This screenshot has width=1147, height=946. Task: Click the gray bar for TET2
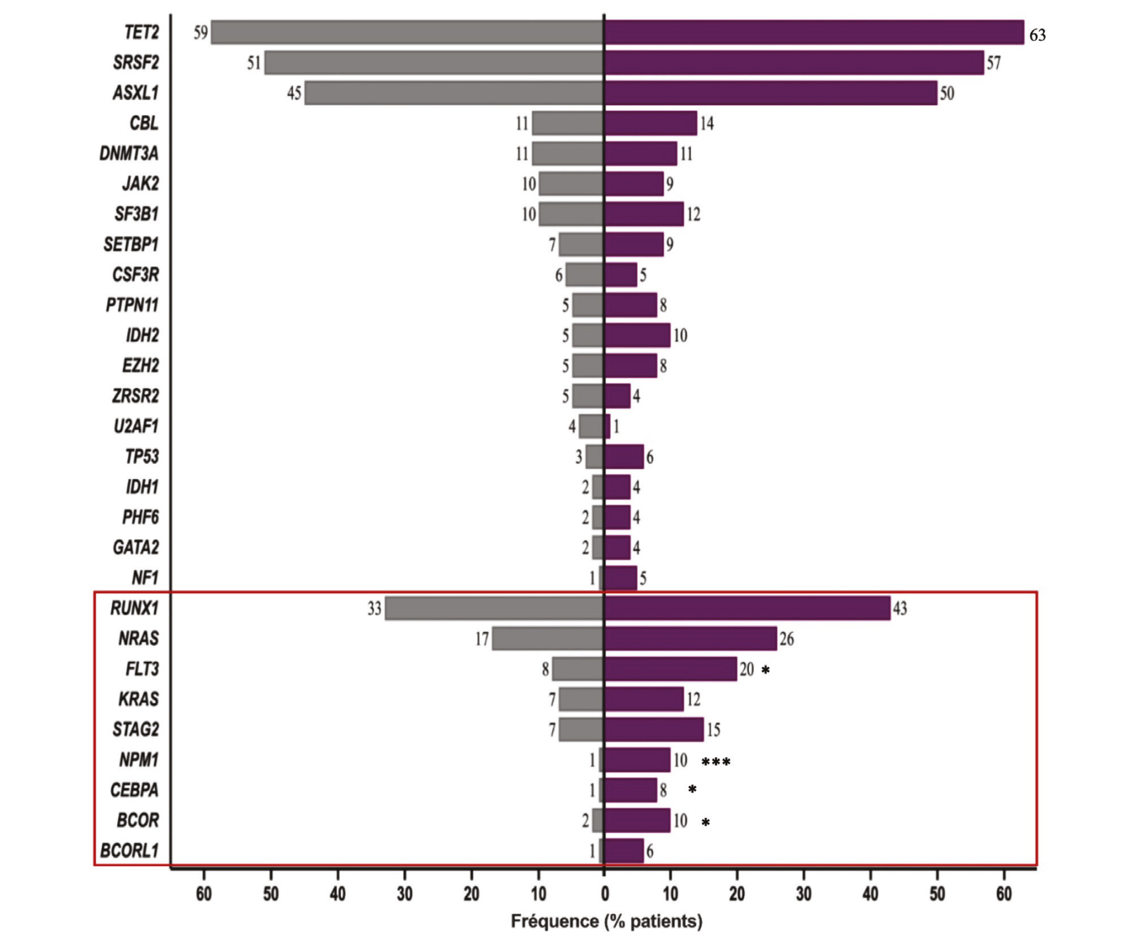[x=407, y=32]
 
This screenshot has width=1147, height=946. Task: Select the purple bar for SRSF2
[x=794, y=62]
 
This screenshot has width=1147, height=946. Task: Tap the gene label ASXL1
[x=136, y=92]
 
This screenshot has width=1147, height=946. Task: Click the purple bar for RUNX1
[x=747, y=608]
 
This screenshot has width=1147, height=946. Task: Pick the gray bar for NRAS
[x=547, y=638]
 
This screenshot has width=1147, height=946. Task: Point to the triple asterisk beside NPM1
[x=715, y=762]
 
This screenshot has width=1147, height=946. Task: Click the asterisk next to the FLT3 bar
[x=765, y=670]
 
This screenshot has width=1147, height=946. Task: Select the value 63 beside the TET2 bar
[x=1037, y=36]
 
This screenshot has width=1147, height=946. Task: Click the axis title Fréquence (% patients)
[x=606, y=922]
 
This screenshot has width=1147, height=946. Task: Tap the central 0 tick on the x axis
[x=604, y=894]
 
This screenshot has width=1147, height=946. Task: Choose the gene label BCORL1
[x=130, y=850]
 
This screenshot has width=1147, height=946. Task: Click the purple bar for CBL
[x=650, y=123]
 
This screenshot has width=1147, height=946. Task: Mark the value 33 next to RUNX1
[x=374, y=608]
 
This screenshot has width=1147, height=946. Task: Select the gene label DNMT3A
[x=129, y=154]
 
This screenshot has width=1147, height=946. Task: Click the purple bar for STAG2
[x=654, y=729]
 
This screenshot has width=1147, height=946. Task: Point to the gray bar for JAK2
[x=571, y=184]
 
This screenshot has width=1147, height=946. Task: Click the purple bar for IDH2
[x=637, y=335]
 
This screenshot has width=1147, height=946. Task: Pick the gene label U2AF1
[x=136, y=426]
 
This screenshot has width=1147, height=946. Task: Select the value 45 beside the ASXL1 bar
[x=294, y=93]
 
